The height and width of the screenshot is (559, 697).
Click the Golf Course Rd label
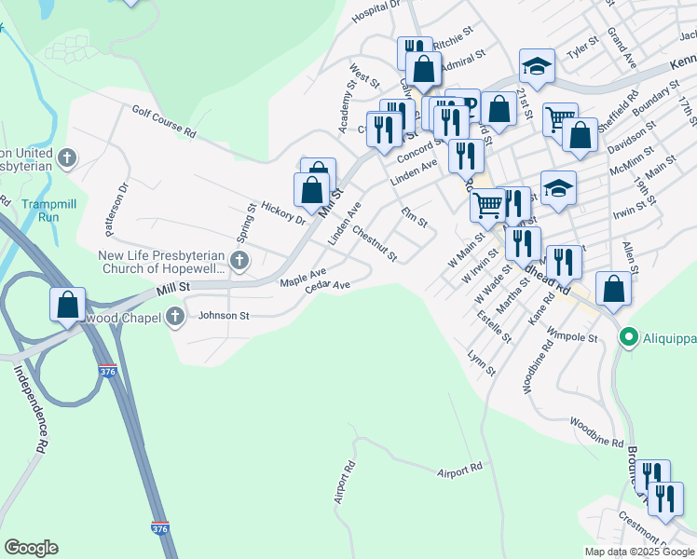point(163,121)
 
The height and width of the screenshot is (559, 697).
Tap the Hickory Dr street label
point(283,212)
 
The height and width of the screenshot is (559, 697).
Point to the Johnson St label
point(224,316)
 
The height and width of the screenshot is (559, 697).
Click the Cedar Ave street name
point(327,286)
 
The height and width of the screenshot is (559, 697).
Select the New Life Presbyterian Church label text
point(163,262)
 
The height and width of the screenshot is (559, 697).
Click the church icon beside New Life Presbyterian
point(239,262)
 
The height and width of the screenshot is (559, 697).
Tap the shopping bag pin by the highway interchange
point(68,305)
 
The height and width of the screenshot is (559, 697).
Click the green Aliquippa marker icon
point(629,337)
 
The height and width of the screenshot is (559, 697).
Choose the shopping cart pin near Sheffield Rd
point(559,118)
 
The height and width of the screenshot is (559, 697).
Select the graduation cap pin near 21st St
point(537,65)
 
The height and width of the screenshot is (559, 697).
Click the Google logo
point(31,547)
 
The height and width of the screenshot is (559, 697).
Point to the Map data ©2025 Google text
point(638,552)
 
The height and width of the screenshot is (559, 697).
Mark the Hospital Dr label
point(376,10)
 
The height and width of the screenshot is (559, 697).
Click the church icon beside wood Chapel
point(174,318)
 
